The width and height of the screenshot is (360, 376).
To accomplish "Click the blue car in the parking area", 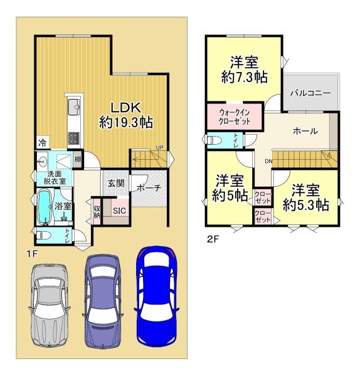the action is [x=156, y=296].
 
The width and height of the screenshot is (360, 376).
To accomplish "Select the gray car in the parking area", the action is [x=50, y=306].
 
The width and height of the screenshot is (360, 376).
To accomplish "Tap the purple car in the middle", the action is [x=103, y=301].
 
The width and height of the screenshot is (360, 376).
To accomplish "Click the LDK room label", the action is [x=126, y=115].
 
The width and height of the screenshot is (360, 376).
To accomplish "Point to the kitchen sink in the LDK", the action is [x=74, y=107].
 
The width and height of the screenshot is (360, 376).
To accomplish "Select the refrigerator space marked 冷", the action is [x=43, y=143].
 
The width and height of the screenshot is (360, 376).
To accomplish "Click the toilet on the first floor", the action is [x=44, y=236].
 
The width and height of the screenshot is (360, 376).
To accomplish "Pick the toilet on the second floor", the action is [x=214, y=140].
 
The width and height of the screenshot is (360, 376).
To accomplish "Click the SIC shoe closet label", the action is [x=119, y=211].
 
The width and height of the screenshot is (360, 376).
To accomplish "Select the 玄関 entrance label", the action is [x=116, y=184].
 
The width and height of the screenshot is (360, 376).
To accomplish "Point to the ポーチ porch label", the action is [x=149, y=188].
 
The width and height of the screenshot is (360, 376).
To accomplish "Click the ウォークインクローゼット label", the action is [x=235, y=117].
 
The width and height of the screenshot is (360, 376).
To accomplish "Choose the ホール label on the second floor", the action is [x=305, y=131].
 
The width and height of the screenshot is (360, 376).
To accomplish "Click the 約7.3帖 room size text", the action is [x=245, y=77].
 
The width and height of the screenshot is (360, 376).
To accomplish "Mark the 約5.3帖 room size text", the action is [x=306, y=205].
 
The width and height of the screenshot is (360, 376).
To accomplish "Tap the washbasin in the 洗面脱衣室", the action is [x=42, y=160].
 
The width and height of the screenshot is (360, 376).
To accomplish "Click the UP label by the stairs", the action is [x=159, y=148].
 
